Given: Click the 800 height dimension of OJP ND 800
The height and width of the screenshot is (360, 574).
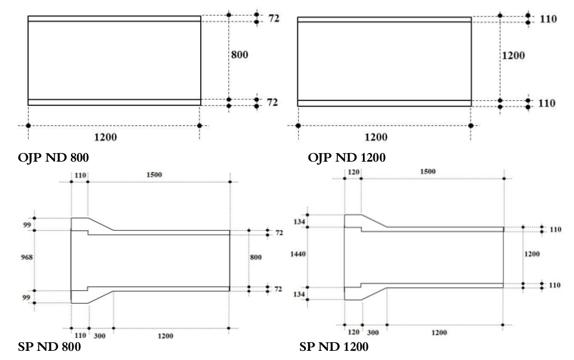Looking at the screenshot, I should point(239,54).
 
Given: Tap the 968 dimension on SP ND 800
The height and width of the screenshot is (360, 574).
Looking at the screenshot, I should point(26,258).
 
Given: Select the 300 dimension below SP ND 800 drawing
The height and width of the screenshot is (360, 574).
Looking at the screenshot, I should point(99,336).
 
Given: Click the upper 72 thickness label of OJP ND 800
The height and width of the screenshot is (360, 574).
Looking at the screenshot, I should point(273,19).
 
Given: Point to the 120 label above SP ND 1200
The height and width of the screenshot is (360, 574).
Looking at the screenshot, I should point(353,171).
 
